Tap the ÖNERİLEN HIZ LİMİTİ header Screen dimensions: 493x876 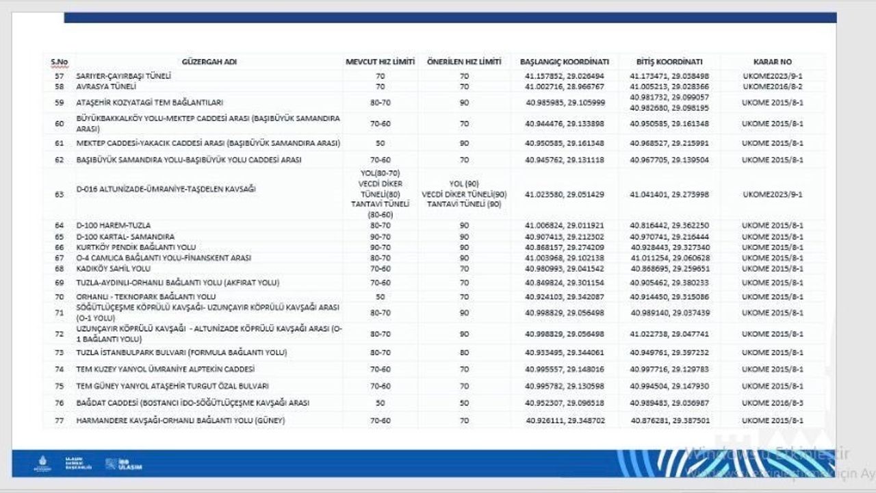pyautogui.click(x=464, y=62)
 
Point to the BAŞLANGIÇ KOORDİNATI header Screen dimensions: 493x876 pyautogui.click(x=565, y=62)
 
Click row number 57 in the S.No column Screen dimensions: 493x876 pyautogui.click(x=59, y=76)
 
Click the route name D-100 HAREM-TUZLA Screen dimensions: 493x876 pyautogui.click(x=113, y=225)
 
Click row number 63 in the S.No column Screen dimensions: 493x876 pyautogui.click(x=59, y=194)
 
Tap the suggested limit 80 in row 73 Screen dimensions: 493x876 pyautogui.click(x=464, y=352)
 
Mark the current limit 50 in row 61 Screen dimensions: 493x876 pyautogui.click(x=380, y=143)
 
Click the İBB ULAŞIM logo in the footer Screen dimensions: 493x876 pyautogui.click(x=124, y=464)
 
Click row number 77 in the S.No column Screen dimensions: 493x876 pyautogui.click(x=59, y=420)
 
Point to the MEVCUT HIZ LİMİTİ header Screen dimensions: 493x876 pyautogui.click(x=380, y=62)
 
